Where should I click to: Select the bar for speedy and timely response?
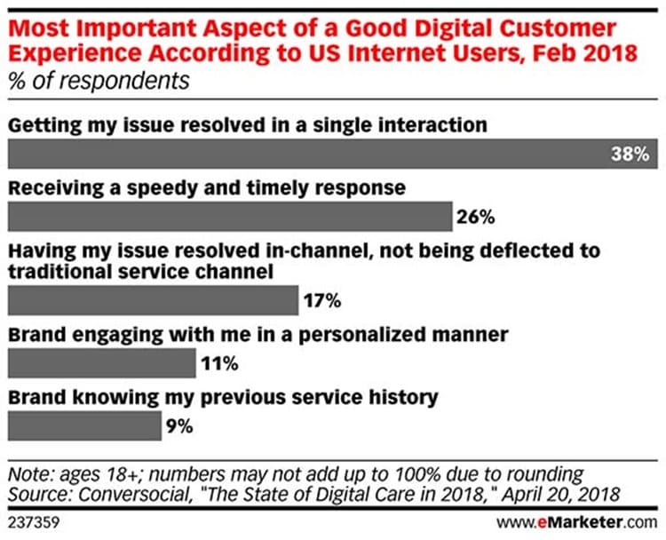click(230, 216)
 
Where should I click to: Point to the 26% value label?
click(475, 216)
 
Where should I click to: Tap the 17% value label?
click(322, 300)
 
